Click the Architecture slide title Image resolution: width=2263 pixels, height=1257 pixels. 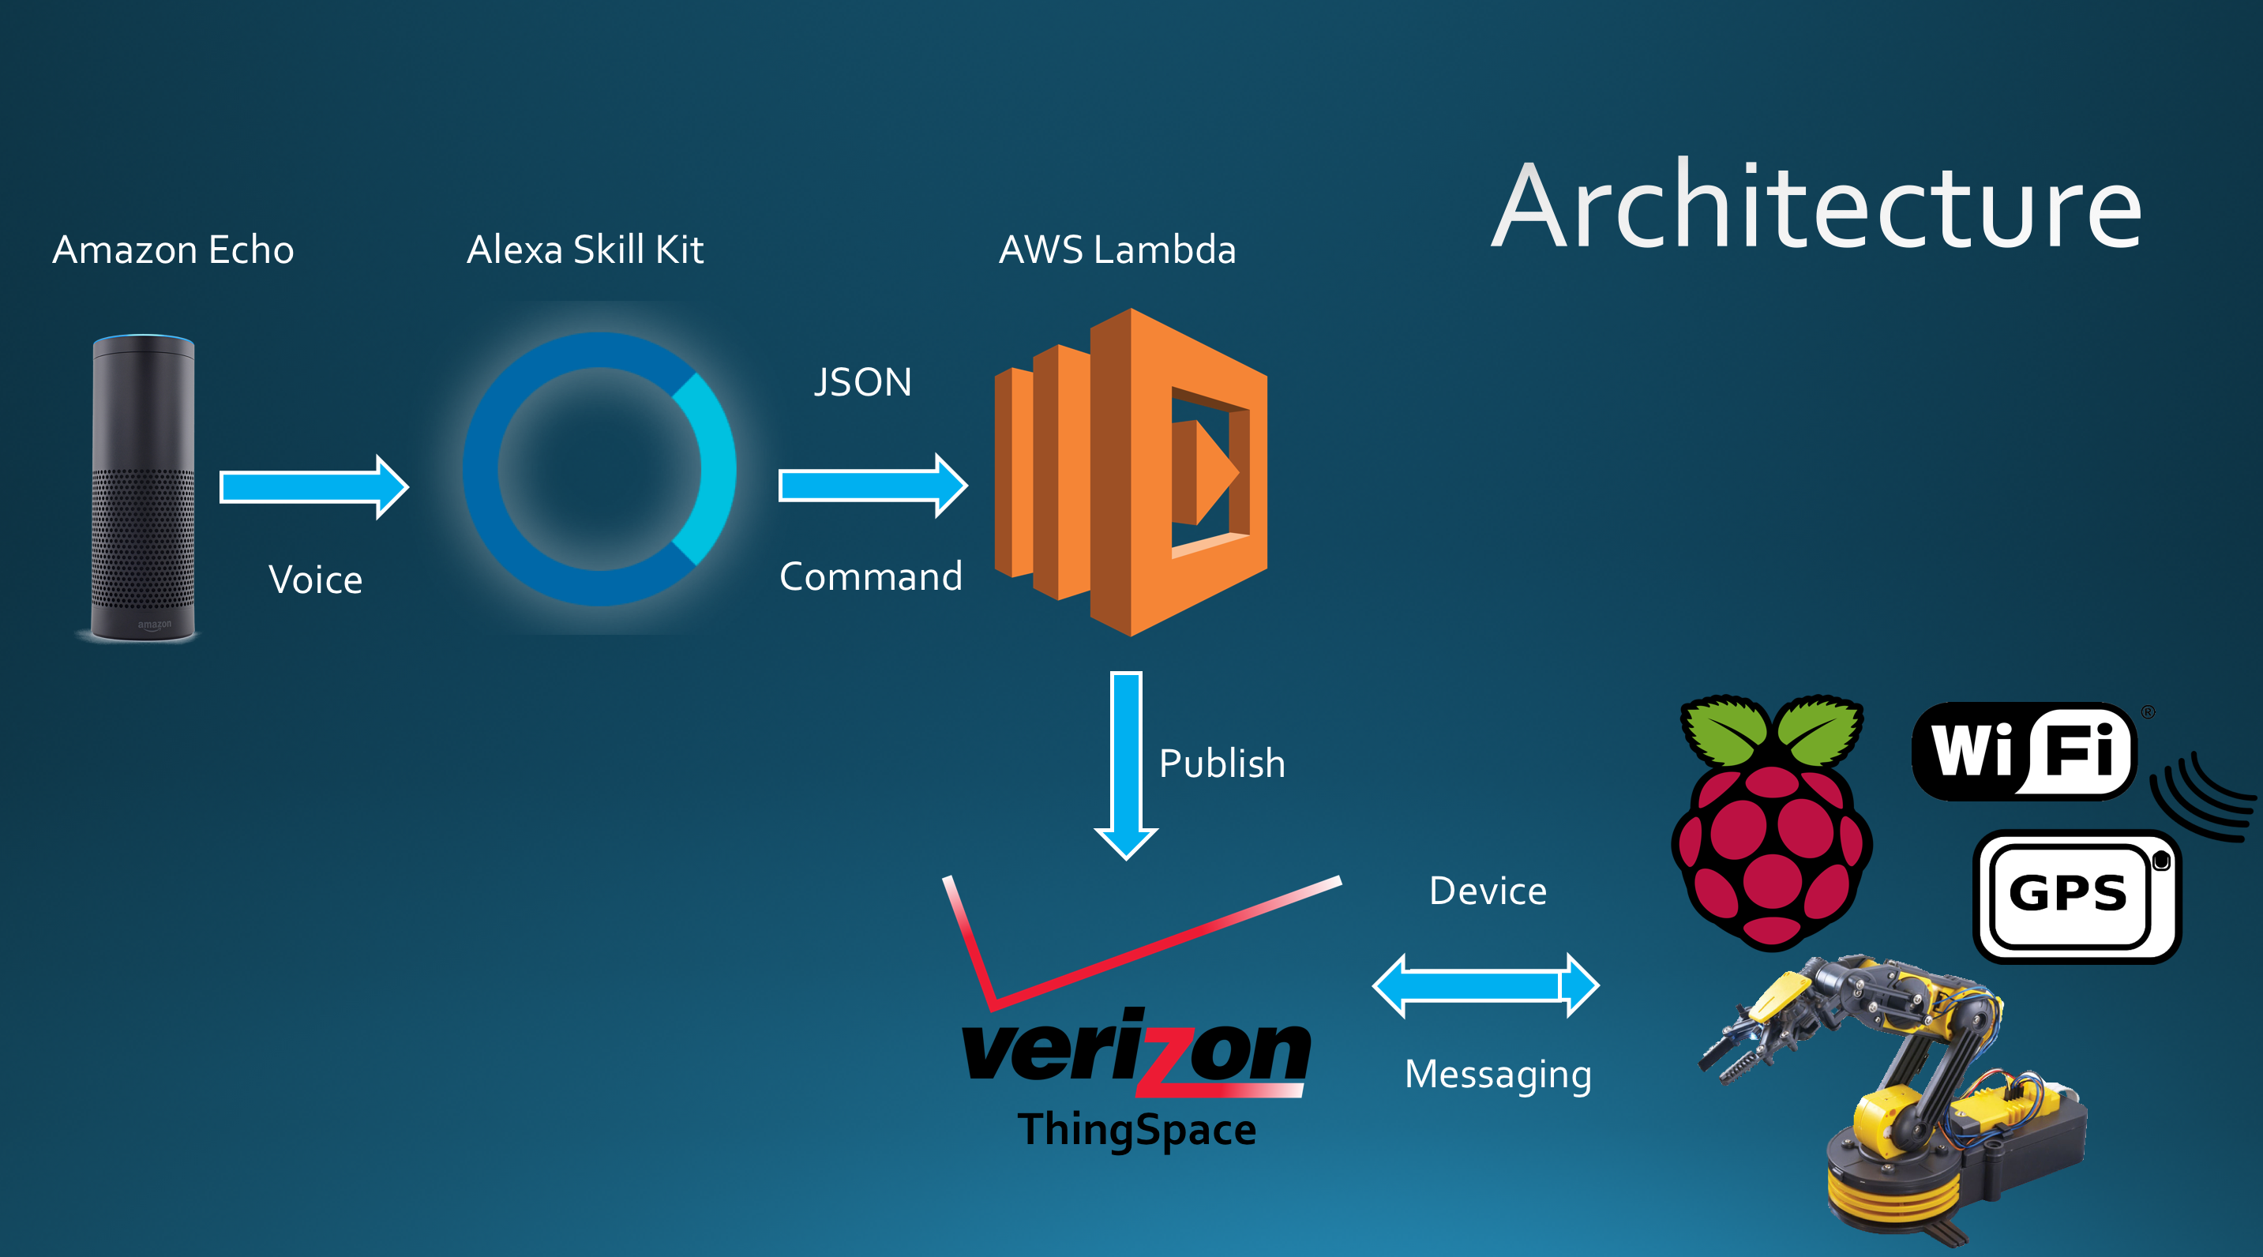[x=1817, y=208]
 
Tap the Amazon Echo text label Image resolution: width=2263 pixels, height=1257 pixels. [x=173, y=250]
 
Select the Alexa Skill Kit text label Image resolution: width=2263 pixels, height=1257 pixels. [x=585, y=250]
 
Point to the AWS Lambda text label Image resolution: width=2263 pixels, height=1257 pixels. [x=1117, y=250]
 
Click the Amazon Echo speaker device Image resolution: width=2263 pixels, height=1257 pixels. [x=143, y=487]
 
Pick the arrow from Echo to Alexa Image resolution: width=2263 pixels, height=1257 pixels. [x=313, y=486]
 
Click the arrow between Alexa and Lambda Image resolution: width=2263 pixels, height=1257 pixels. [x=873, y=486]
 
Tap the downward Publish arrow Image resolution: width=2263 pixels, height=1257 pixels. [x=1126, y=764]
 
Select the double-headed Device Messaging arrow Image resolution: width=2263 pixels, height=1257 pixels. [x=1485, y=985]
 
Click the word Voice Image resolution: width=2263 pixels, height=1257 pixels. [x=315, y=580]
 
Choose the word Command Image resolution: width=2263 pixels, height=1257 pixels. [x=871, y=577]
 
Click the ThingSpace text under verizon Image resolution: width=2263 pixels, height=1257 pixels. [x=1137, y=1131]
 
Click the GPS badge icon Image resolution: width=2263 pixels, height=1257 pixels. [x=2075, y=896]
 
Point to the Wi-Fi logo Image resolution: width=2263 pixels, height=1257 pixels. [x=2024, y=751]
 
